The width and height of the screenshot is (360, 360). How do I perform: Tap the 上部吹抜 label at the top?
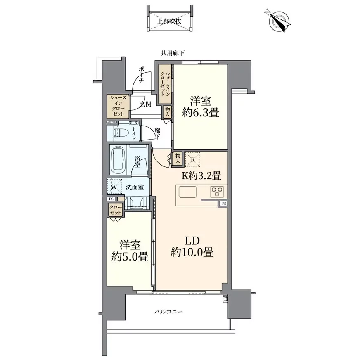point(169,21)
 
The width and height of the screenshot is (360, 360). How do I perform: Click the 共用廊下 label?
point(173,54)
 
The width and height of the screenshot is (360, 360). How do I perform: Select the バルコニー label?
point(168,312)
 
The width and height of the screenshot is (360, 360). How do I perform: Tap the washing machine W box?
point(114,187)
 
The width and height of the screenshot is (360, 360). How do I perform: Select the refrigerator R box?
point(193,160)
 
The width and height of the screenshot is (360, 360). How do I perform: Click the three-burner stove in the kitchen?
point(217,192)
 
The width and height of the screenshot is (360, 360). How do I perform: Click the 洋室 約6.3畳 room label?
point(200,107)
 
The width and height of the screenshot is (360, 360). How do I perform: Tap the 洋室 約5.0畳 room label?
point(130,251)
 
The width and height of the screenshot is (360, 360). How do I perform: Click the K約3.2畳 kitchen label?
point(201,175)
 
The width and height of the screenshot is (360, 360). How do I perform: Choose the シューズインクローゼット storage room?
point(118,106)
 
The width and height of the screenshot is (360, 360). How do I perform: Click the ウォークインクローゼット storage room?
point(165,84)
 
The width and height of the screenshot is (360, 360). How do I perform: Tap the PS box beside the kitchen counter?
point(224,204)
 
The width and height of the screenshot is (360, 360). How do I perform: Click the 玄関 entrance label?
point(145,104)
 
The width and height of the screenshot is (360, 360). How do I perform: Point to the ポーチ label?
point(142,74)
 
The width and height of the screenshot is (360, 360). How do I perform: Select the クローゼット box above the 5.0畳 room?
point(116,210)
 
